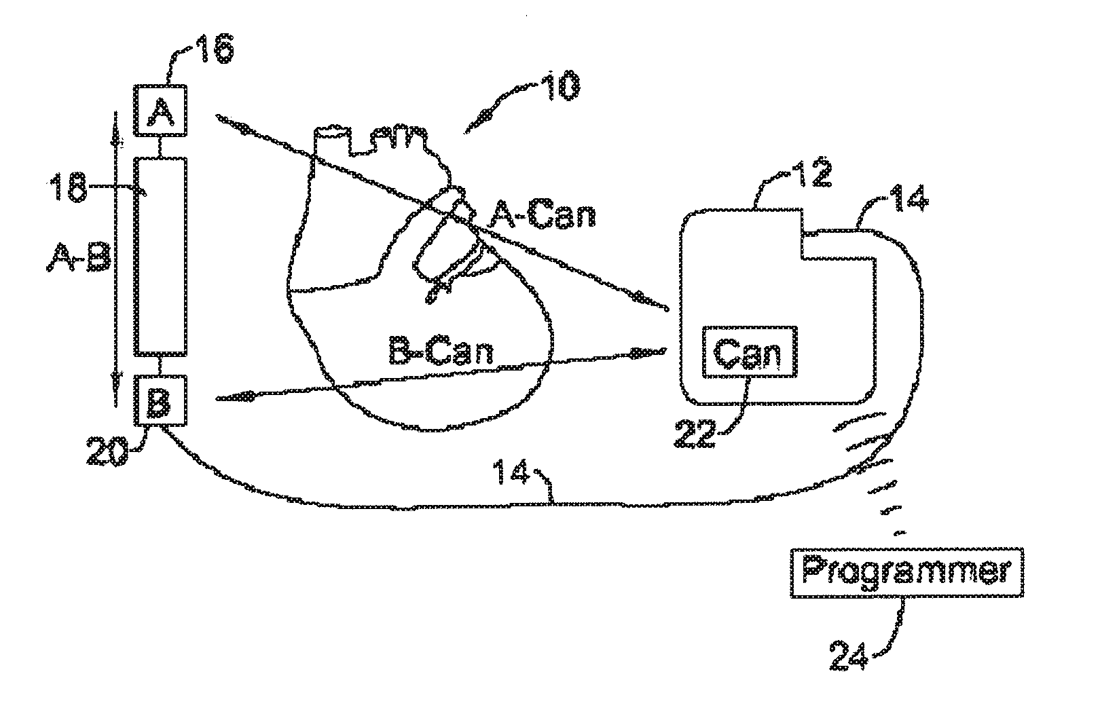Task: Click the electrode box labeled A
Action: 160,110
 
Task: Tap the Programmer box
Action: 906,574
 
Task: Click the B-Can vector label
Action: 441,353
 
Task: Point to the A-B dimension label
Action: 79,259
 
